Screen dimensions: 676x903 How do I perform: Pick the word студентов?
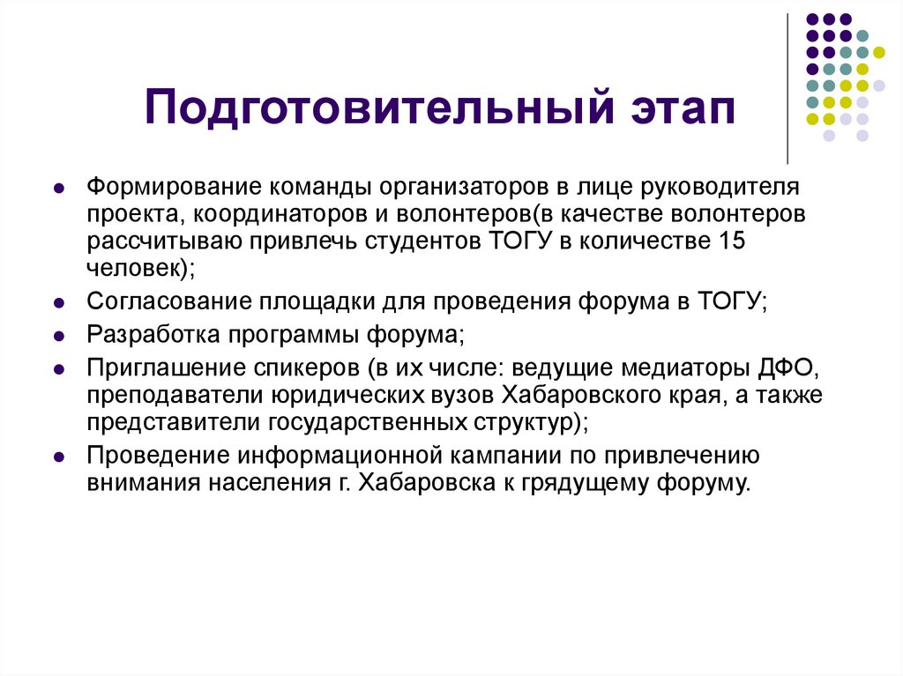click(x=418, y=241)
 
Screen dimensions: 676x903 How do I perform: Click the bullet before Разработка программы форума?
click(x=58, y=337)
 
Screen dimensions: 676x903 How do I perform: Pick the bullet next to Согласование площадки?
click(x=58, y=303)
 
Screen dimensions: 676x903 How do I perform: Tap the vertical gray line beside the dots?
click(x=787, y=88)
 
